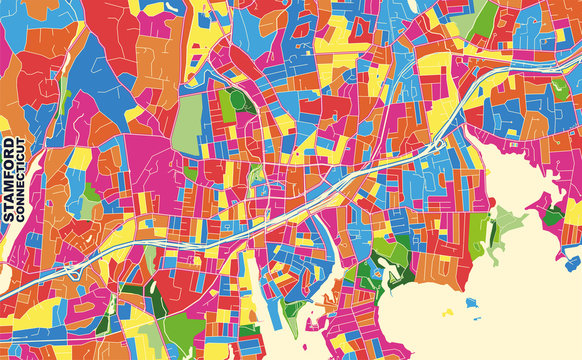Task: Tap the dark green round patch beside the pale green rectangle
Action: pyautogui.click(x=237, y=100)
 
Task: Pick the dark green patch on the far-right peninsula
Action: pyautogui.click(x=552, y=214)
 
